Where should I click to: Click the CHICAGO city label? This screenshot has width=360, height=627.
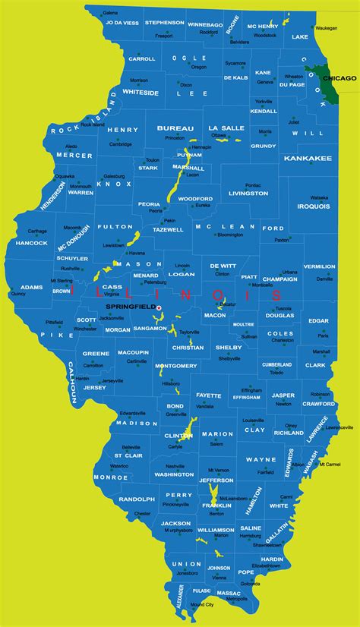338,78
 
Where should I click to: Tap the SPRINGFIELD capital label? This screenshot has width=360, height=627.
129,306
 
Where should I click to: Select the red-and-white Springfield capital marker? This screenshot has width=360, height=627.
159,307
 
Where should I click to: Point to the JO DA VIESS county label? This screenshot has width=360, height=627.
122,23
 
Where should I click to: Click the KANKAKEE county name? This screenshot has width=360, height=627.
308,159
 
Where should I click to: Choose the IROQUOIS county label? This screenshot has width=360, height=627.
314,205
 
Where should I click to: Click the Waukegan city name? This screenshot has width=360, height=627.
325,27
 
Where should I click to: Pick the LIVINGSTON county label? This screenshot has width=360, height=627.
248,194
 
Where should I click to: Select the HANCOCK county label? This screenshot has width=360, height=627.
31,243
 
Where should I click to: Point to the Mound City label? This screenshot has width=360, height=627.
201,604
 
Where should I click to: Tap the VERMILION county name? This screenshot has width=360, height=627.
319,266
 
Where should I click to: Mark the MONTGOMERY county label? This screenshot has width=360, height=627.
176,366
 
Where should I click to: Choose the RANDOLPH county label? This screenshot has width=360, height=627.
137,499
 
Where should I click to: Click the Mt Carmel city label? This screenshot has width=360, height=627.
329,464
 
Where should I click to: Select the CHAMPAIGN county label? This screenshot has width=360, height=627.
280,279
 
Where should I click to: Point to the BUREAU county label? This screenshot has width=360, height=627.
175,128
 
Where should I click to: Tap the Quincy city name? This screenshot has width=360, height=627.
18,294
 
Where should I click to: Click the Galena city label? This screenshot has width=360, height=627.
110,13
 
